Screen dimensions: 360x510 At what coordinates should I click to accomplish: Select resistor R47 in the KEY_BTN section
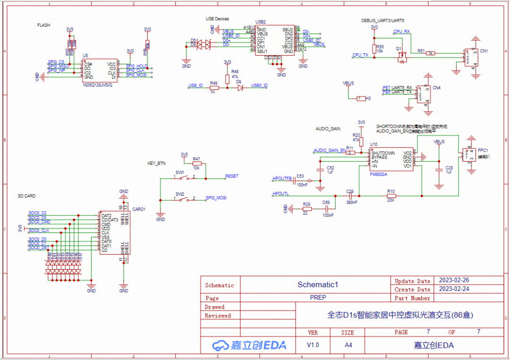pos(197,163)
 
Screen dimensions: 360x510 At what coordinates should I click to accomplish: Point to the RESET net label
pos(232,176)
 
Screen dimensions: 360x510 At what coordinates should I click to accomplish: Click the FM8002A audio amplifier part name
pos(379,174)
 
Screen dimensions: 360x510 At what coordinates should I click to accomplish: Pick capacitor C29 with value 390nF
pos(350,195)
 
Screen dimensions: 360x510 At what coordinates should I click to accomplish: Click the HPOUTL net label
pos(280,194)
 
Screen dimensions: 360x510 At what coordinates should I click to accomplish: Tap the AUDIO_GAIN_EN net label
pos(330,150)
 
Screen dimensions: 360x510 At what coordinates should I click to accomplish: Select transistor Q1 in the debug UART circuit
pos(402,57)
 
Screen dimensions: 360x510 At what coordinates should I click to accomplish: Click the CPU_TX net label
pos(360,55)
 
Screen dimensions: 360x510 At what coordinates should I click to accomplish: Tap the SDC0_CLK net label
pos(39,231)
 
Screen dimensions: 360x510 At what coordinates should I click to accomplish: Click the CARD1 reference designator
pos(139,209)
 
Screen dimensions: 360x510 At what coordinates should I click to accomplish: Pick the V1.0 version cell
pos(313,345)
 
